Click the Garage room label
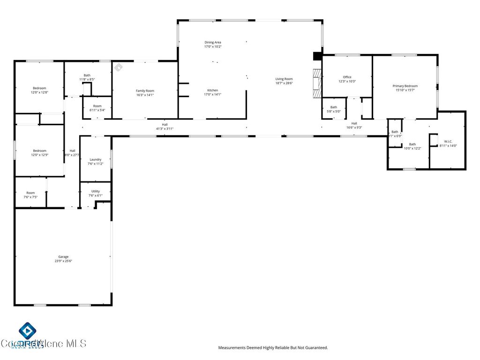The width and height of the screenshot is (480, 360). coord(63,256)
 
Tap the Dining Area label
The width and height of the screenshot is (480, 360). coord(212,42)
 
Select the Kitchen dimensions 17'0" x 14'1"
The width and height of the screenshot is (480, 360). coord(212,95)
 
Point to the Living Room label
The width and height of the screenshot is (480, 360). coord(284,79)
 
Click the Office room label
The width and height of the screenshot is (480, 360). coord(347,77)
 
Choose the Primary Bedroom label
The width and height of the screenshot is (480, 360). coord(405,86)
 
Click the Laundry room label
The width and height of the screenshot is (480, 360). coord(95,159)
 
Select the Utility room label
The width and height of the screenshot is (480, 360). coord(95,191)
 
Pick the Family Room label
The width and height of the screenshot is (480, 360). coord(145,90)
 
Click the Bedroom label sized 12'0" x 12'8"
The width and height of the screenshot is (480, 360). coord(39,88)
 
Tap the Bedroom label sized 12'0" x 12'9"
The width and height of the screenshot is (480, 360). coord(39,150)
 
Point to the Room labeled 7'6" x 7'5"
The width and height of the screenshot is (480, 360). coord(30,193)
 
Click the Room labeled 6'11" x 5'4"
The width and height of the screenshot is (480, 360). coord(97,106)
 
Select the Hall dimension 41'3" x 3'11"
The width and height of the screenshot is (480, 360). coord(165,128)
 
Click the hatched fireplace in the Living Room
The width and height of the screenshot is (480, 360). coord(318,83)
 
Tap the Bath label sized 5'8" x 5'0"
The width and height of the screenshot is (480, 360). coord(333,107)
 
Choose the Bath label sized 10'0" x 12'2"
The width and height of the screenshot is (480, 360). coord(412,144)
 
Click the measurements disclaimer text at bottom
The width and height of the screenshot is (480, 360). coord(273,348)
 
